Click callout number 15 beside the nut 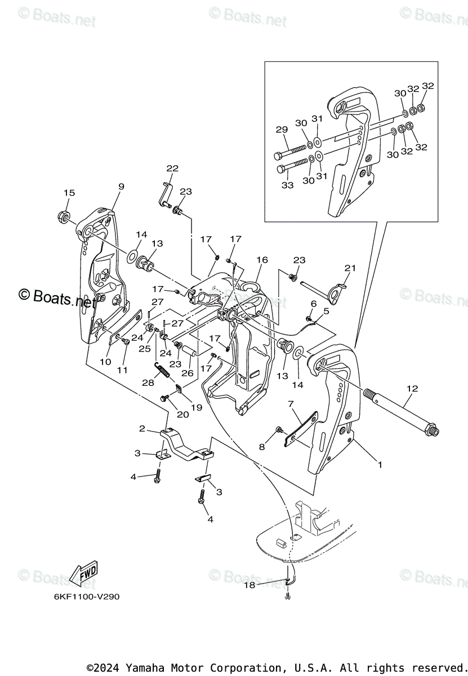click(69, 193)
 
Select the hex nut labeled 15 click(64, 216)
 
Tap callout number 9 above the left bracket click(121, 186)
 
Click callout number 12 click(412, 388)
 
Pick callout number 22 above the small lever click(172, 168)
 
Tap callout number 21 click(350, 268)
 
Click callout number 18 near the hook click(249, 585)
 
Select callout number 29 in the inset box click(282, 130)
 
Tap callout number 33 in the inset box click(288, 185)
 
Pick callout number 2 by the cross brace click(142, 429)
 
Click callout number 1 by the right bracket click(380, 465)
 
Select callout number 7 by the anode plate click(291, 403)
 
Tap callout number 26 click(188, 372)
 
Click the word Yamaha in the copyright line click(142, 668)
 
